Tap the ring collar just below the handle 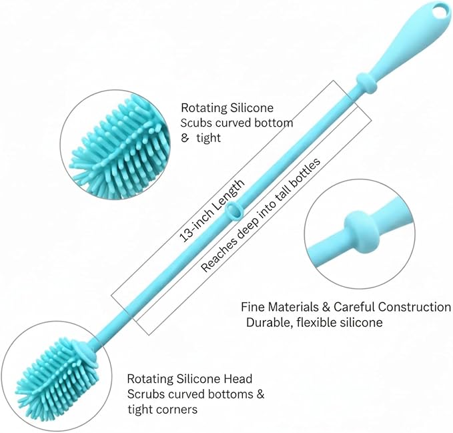click(366, 83)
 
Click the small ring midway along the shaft click(234, 211)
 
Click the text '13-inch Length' click(211, 211)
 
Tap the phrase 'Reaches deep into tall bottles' click(261, 215)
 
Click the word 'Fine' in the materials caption click(253, 307)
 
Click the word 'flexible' click(312, 322)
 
